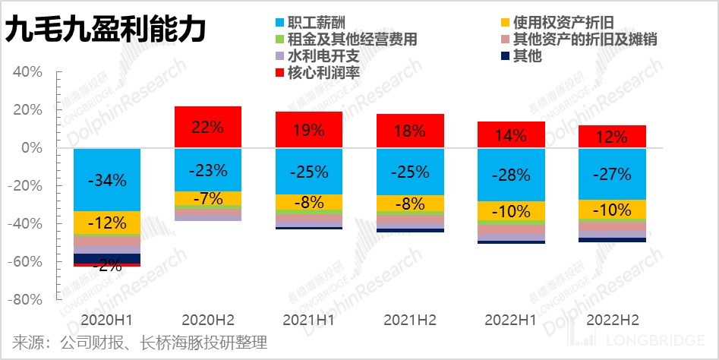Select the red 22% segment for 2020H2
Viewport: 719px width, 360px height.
208,128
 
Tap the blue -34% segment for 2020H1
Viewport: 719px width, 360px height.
107,180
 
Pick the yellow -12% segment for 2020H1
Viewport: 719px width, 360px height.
107,223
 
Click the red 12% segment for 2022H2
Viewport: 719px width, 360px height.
612,137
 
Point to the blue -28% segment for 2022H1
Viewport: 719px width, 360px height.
511,175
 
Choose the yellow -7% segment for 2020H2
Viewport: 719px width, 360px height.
208,199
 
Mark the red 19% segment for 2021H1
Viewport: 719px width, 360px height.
309,130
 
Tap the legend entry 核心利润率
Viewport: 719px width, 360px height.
318,73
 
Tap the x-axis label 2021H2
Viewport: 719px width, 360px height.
410,319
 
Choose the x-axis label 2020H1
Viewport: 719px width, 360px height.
107,319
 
